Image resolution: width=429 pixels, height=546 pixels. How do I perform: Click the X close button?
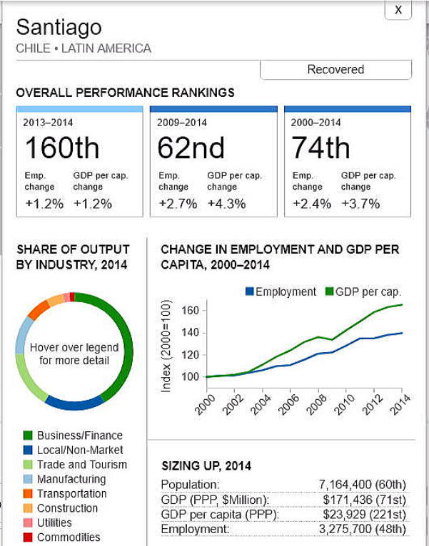[398, 10]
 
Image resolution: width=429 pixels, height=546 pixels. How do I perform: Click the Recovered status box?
[335, 70]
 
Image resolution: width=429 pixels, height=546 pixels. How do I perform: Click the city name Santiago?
[59, 27]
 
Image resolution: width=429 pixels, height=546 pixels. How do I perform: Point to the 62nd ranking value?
[191, 148]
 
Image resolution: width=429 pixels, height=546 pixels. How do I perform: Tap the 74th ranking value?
[321, 148]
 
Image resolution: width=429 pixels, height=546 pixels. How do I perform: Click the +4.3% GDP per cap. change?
[226, 203]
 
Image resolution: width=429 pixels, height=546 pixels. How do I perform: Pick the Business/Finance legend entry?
[80, 436]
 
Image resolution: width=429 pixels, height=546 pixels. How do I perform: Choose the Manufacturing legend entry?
[71, 479]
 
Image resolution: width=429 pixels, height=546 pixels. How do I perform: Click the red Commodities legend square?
[28, 537]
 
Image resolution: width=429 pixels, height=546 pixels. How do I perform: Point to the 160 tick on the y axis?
[189, 311]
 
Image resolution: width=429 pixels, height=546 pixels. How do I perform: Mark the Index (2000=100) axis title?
[166, 346]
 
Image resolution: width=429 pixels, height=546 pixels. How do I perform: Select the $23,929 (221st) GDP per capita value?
[364, 515]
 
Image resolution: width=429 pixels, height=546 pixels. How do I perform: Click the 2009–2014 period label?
[182, 123]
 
